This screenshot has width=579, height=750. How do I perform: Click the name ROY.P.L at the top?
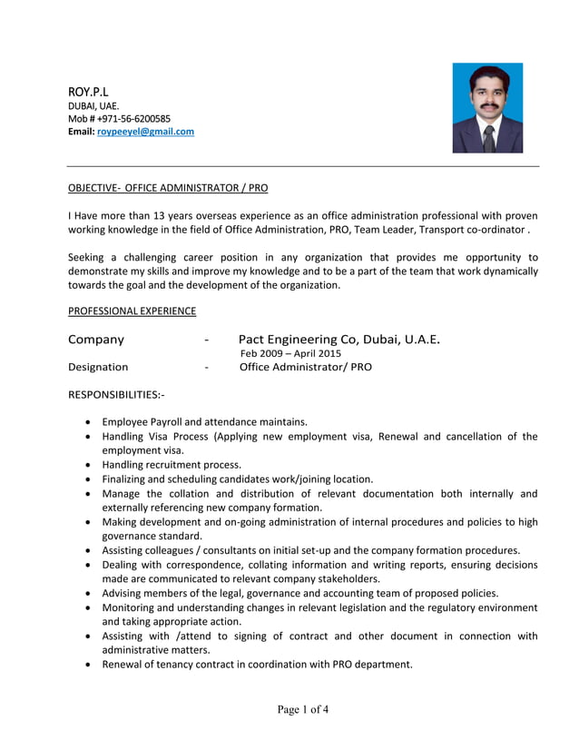pyautogui.click(x=88, y=92)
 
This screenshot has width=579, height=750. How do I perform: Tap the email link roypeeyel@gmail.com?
pyautogui.click(x=145, y=132)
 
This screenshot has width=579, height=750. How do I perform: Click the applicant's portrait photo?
pyautogui.click(x=487, y=107)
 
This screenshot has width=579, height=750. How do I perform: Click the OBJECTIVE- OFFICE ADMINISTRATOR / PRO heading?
pyautogui.click(x=168, y=188)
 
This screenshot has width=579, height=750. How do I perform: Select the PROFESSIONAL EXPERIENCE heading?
pyautogui.click(x=132, y=311)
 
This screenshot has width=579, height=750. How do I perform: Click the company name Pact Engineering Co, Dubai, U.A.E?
pyautogui.click(x=339, y=340)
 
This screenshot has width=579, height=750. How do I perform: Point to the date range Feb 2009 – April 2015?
pyautogui.click(x=290, y=353)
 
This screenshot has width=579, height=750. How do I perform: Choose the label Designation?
pyautogui.click(x=98, y=367)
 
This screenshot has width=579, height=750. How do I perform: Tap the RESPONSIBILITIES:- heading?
pyautogui.click(x=116, y=395)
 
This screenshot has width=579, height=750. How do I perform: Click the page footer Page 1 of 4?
pyautogui.click(x=303, y=709)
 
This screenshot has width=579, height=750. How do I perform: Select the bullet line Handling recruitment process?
pyautogui.click(x=172, y=464)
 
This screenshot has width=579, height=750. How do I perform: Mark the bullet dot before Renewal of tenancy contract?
pyautogui.click(x=86, y=664)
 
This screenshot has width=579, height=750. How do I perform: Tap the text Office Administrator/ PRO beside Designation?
pyautogui.click(x=305, y=367)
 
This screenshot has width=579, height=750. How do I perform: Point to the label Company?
pyautogui.click(x=96, y=340)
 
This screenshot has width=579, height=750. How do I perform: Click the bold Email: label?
pyautogui.click(x=82, y=132)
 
